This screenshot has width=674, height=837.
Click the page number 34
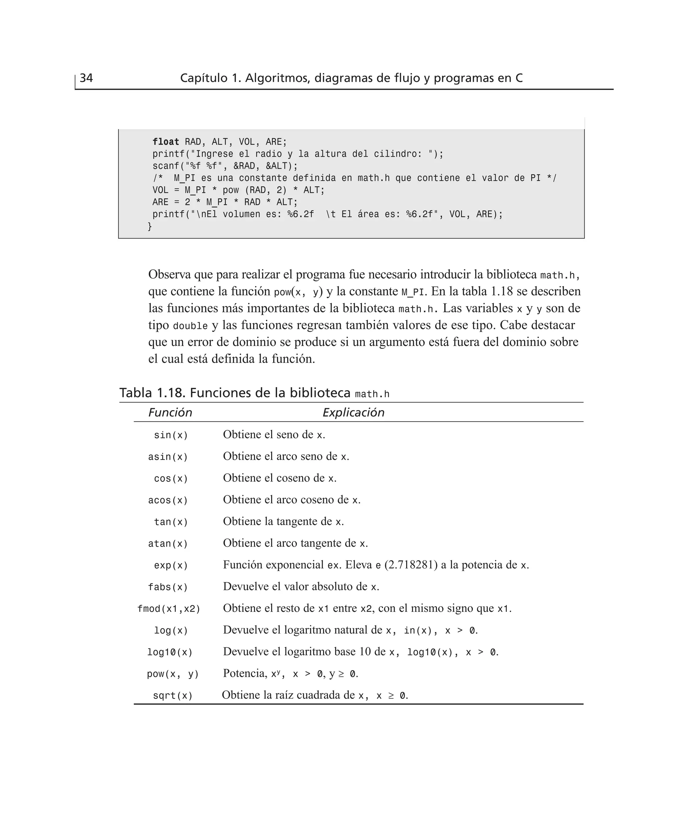tap(86, 78)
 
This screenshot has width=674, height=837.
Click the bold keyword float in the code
tap(166, 142)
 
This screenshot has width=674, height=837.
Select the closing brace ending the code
tap(150, 226)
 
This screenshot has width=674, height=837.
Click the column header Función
tap(170, 412)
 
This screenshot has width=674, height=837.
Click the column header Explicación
tap(353, 412)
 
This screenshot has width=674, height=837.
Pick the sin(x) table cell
tap(171, 435)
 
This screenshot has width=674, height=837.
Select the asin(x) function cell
tap(168, 457)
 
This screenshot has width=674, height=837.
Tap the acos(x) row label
tap(168, 500)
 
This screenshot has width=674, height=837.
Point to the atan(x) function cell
tap(168, 544)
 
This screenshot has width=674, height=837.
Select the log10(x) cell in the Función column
tap(170, 653)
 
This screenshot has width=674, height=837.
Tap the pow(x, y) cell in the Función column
tap(173, 674)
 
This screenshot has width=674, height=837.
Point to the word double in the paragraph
tap(190, 326)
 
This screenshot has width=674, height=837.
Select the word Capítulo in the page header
tap(204, 78)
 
